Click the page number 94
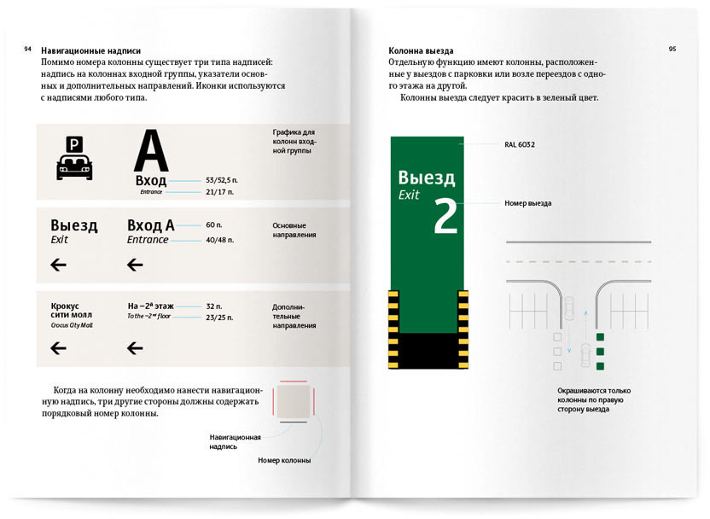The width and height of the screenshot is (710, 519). (x=28, y=50)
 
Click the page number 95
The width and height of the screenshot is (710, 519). (x=672, y=50)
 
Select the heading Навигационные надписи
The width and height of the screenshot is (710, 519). (x=90, y=50)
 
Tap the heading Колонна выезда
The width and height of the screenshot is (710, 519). (x=421, y=50)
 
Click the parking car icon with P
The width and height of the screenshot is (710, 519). (x=74, y=157)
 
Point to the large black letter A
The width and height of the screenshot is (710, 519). (x=151, y=152)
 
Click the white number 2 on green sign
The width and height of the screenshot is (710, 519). (x=445, y=217)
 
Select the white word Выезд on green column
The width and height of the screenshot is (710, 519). (x=427, y=178)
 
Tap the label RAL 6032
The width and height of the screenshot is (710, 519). (x=519, y=145)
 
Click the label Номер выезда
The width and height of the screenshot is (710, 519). (x=527, y=203)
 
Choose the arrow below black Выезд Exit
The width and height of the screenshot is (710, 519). (x=59, y=265)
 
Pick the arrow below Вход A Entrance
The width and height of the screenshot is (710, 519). (x=135, y=265)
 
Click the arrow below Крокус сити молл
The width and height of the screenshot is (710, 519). (x=59, y=347)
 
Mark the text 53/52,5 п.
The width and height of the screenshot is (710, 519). (x=219, y=181)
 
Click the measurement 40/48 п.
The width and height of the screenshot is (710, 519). (x=219, y=240)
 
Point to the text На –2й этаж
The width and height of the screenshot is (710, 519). (x=151, y=305)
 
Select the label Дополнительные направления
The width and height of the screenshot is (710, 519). (x=294, y=315)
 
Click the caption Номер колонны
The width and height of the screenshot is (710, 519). (x=284, y=460)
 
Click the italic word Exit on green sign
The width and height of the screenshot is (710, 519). (x=410, y=196)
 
